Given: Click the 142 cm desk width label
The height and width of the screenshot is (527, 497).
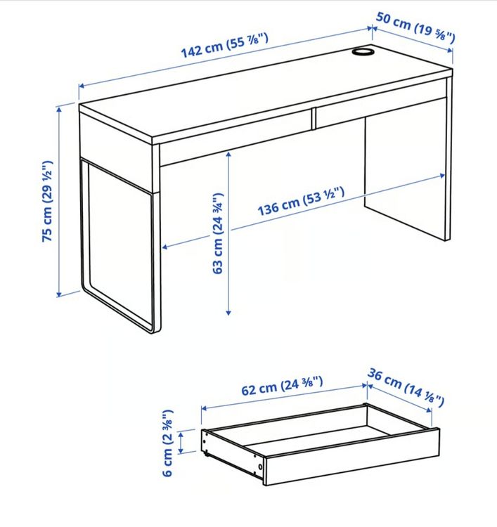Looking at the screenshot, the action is tap(225, 46).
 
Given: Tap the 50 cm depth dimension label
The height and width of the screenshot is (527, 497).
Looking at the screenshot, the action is tap(415, 27).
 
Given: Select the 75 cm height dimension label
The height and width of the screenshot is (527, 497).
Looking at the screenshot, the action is tap(47, 201).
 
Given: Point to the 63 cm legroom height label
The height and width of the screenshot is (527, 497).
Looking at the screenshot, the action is tap(218, 233).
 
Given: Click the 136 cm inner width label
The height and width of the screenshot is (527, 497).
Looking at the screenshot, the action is tap(301, 202).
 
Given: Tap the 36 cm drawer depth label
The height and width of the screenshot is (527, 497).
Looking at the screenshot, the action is tap(406, 387).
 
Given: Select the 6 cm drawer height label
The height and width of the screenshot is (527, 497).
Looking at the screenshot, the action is tap(168, 443).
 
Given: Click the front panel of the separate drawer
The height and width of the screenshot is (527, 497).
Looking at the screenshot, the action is tap(352, 457).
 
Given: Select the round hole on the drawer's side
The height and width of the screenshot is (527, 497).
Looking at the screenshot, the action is tap(260, 467).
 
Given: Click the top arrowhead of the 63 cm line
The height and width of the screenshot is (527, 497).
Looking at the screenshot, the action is tap(228, 155).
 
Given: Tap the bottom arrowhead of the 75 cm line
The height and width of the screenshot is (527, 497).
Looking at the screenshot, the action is tap(59, 294).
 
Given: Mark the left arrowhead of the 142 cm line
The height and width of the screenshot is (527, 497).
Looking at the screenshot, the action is tap(82, 86).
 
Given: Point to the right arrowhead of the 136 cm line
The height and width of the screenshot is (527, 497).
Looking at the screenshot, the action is tap(443, 176).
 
